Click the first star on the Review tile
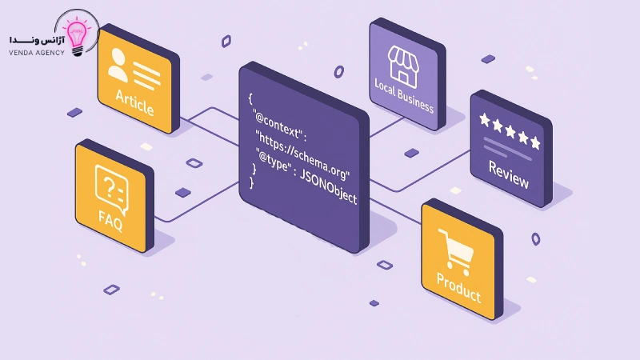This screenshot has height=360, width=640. (x=485, y=120)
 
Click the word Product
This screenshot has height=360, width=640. (x=458, y=287)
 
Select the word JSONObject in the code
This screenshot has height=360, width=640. (x=328, y=190)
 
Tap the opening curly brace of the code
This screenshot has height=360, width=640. (x=250, y=96)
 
